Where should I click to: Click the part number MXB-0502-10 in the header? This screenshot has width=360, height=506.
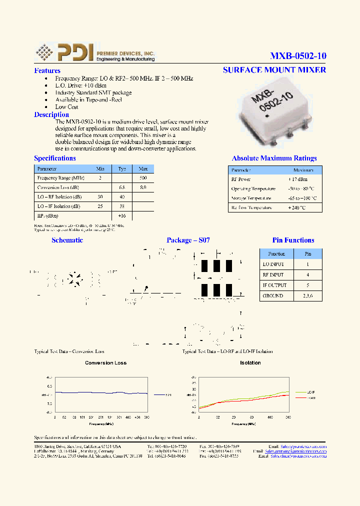298,55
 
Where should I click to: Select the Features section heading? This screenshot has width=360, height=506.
47,71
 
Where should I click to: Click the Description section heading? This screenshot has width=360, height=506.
51,114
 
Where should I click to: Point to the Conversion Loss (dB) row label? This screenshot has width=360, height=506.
58,187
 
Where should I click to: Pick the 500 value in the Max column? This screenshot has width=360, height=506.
142,178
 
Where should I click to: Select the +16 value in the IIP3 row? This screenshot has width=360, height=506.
121,215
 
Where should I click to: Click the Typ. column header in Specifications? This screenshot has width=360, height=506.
121,169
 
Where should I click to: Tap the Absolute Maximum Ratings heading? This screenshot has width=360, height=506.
274,158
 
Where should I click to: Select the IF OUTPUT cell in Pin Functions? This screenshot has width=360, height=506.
274,285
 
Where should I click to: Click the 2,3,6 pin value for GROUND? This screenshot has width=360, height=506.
307,295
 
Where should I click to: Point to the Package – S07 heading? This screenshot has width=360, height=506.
188,240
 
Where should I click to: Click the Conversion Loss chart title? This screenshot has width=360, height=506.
105,363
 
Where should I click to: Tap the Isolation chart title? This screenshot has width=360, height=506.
250,363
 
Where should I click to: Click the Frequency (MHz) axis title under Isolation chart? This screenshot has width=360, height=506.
243,423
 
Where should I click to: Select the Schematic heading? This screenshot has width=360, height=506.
67,240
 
